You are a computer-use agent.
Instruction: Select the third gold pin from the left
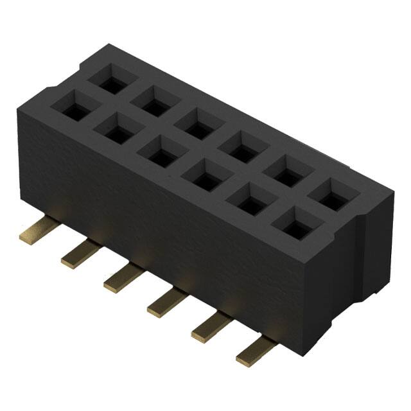click(121, 278)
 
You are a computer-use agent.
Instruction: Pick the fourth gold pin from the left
click(165, 302)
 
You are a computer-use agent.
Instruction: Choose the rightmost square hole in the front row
click(292, 223)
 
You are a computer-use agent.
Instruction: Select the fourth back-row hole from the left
click(239, 146)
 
